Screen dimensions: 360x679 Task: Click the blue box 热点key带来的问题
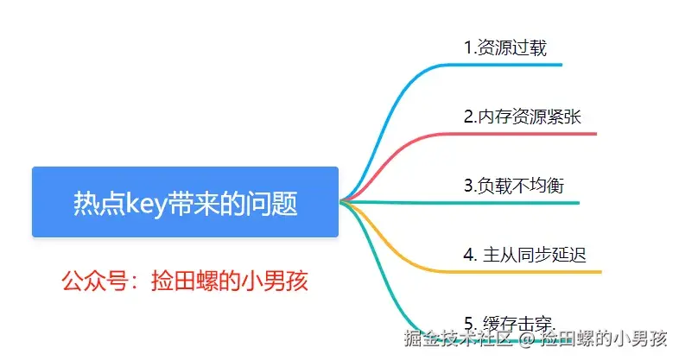(x=185, y=202)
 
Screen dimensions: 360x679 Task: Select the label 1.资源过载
(x=505, y=47)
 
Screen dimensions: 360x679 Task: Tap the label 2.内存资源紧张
(x=523, y=117)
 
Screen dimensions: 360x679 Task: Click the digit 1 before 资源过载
(x=467, y=47)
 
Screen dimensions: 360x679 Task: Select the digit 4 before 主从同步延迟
(x=468, y=255)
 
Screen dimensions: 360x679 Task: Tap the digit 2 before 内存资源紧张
(x=468, y=117)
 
